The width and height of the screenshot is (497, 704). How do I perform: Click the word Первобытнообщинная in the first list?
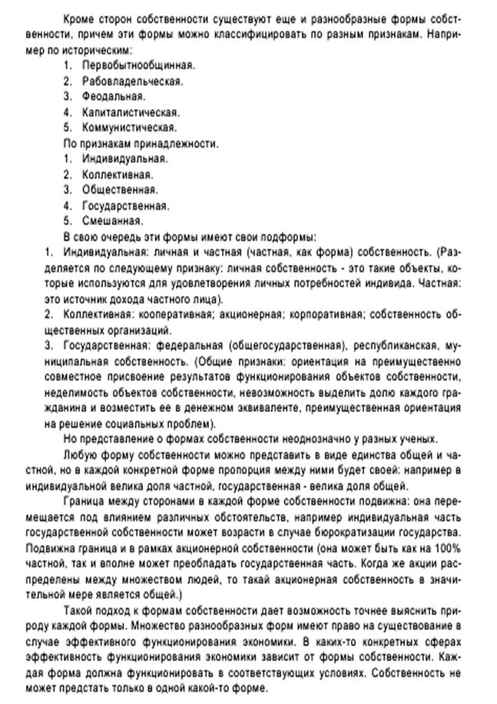click(x=138, y=65)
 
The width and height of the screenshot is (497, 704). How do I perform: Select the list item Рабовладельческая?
click(x=132, y=81)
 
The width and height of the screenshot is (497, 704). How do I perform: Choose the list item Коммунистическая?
click(x=130, y=128)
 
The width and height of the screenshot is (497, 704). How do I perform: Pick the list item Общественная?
click(x=121, y=189)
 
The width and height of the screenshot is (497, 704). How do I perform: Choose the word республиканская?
click(x=395, y=345)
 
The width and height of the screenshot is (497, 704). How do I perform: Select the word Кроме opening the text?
click(x=80, y=17)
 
